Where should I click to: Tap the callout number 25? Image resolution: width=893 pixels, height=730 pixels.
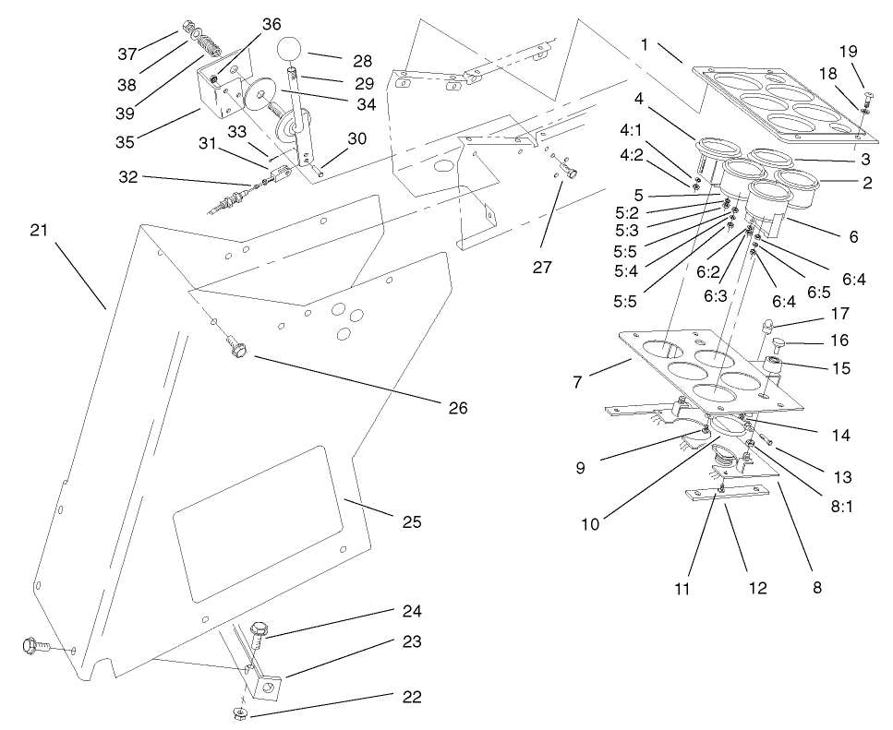coord(412,521)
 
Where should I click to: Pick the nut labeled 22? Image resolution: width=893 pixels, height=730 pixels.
coord(240,714)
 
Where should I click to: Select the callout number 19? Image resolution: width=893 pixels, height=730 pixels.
coord(850,52)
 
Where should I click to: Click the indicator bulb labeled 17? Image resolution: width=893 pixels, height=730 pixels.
coord(767,324)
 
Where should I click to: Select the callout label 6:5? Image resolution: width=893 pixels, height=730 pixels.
coord(819,292)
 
